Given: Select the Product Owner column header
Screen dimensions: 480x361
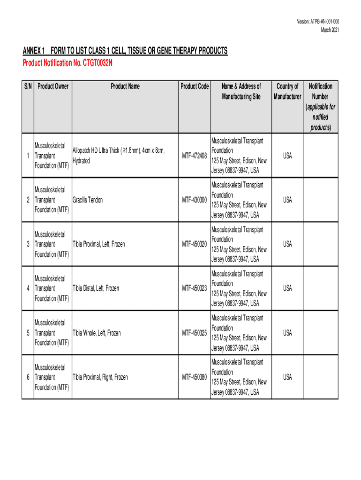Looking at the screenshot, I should click(53, 86).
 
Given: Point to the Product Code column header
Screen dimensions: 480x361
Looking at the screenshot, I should click(195, 86).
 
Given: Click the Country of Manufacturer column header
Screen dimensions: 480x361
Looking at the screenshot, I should click(287, 91).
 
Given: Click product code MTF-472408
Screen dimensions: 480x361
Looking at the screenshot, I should click(195, 156).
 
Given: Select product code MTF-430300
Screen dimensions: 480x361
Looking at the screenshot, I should click(195, 200).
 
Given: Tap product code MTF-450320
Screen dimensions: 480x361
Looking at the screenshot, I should click(195, 244).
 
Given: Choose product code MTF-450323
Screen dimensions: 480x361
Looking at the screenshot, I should click(195, 289).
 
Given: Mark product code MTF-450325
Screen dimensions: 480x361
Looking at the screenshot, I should click(195, 333).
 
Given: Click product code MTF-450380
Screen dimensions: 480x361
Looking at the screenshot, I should click(195, 377).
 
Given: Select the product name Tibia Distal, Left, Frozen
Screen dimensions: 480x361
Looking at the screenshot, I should click(96, 289).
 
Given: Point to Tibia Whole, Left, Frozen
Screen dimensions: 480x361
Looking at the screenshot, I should click(96, 333).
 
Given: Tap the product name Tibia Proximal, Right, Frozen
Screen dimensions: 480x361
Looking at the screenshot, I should click(100, 377).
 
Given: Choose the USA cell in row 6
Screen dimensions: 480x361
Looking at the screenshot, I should click(287, 377).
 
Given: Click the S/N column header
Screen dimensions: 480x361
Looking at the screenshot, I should click(28, 86).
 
